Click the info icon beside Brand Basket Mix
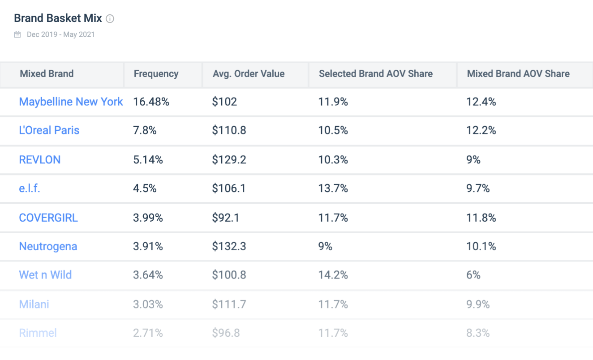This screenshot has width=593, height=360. point(110,19)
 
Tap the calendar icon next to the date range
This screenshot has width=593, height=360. point(17,34)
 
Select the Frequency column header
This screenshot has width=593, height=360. point(156,74)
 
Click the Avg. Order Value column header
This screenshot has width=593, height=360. point(249,74)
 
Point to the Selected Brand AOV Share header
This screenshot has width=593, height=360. point(375,74)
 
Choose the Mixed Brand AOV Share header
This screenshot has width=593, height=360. point(518,74)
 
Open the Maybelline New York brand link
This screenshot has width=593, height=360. point(71,102)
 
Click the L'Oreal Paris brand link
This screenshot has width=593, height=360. point(49,130)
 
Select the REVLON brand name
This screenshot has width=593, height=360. point(39,160)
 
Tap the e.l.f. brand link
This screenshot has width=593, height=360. point(30,189)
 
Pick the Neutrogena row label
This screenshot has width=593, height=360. point(48,246)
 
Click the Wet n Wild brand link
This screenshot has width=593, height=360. point(45,274)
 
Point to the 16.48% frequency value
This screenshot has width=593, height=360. point(151,102)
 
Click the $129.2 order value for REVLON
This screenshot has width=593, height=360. point(229,160)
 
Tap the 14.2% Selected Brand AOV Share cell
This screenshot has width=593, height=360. point(333,274)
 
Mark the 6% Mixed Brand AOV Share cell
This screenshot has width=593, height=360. point(473,274)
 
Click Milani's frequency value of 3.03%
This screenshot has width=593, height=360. point(148,304)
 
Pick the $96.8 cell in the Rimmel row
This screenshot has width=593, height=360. point(226,333)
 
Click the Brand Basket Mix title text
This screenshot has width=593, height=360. point(58,19)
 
